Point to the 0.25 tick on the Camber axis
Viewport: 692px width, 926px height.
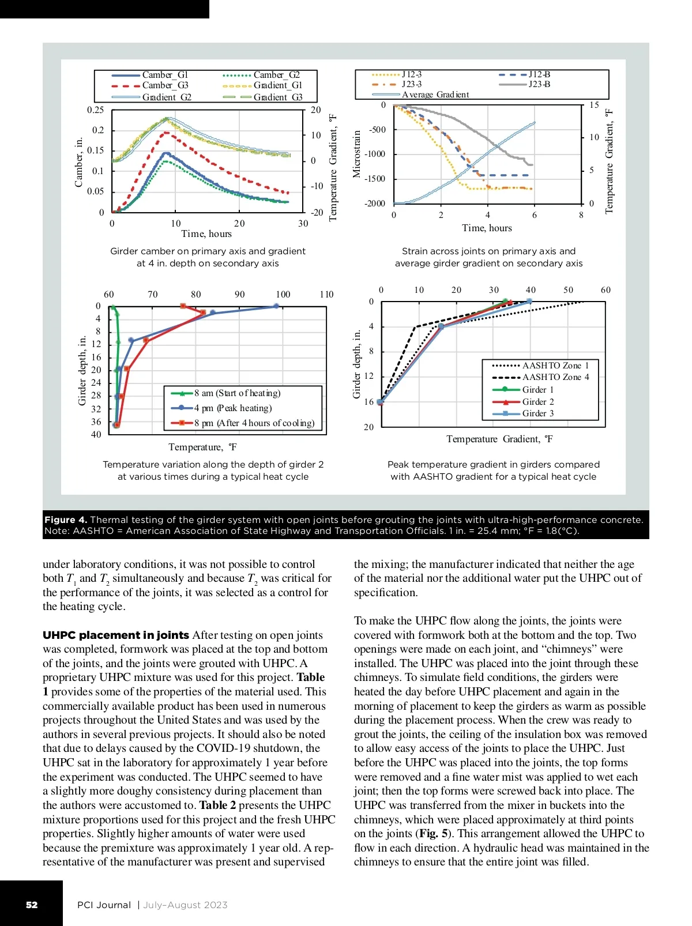click(x=96, y=110)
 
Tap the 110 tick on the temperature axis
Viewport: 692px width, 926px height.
click(x=326, y=295)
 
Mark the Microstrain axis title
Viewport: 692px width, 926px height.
click(x=356, y=154)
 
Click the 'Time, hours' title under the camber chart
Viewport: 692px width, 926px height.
click(x=206, y=234)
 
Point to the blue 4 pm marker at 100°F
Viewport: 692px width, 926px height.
click(x=276, y=307)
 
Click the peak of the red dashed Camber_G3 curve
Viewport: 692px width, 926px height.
click(x=167, y=133)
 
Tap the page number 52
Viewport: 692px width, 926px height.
click(x=32, y=905)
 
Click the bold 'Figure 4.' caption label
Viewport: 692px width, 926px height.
click(x=66, y=520)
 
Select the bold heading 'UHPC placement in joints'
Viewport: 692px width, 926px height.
click(x=116, y=635)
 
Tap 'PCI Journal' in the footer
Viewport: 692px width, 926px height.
click(x=104, y=905)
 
